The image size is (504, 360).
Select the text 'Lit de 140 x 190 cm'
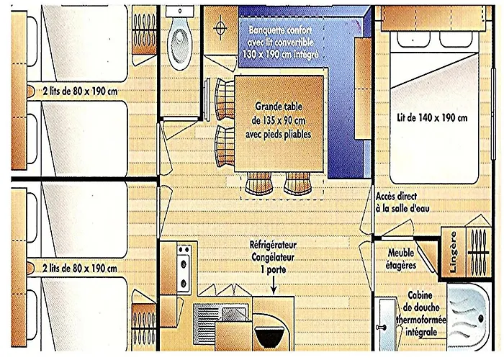click(431, 117)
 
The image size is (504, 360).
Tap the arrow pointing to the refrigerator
click(274, 286)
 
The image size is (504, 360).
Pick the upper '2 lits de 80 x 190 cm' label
click(78, 91)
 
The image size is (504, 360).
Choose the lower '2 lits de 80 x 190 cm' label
click(78, 269)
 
